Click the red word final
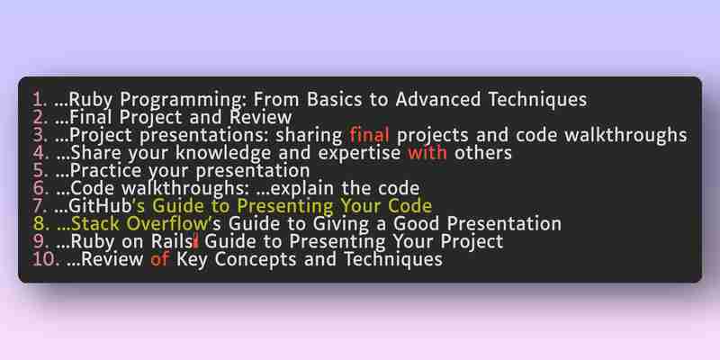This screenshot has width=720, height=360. pos(370,135)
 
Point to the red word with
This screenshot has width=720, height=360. pos(427,152)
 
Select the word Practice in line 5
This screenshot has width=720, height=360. pos(106,170)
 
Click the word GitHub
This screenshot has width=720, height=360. pos(100,206)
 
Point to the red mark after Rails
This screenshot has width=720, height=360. pos(196,241)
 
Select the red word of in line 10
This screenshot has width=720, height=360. pos(160,259)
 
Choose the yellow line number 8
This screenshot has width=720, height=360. pos(40,223)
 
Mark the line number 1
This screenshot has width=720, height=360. pos(40,99)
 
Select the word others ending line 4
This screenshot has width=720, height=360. pos(483,152)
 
